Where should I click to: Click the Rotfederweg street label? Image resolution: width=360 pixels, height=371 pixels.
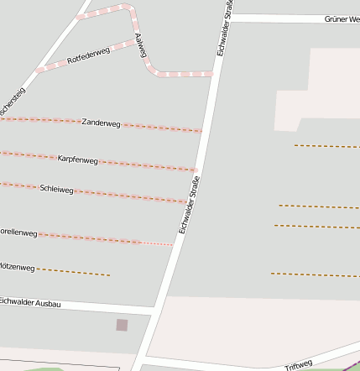coord(87,56)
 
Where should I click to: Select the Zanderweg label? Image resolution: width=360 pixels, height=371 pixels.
coord(102,123)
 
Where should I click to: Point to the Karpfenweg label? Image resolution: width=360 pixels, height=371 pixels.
coord(78,159)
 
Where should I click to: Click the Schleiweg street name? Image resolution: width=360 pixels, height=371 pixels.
coord(57,189)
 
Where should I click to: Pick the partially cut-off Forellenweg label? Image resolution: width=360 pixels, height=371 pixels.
coord(17,232)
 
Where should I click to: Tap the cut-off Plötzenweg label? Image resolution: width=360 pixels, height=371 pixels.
coord(17,268)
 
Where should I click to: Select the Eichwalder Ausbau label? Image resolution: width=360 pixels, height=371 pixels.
coord(29,302)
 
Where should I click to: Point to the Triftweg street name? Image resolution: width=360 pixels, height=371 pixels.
coord(299,365)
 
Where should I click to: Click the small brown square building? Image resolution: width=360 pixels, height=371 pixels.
coord(122,325)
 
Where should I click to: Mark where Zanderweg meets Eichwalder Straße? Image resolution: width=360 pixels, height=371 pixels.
coord(203,132)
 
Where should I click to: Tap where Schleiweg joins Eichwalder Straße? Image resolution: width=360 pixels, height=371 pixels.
coord(189,202)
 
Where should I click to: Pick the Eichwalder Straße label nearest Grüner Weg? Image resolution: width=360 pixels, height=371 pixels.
coord(223,29)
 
